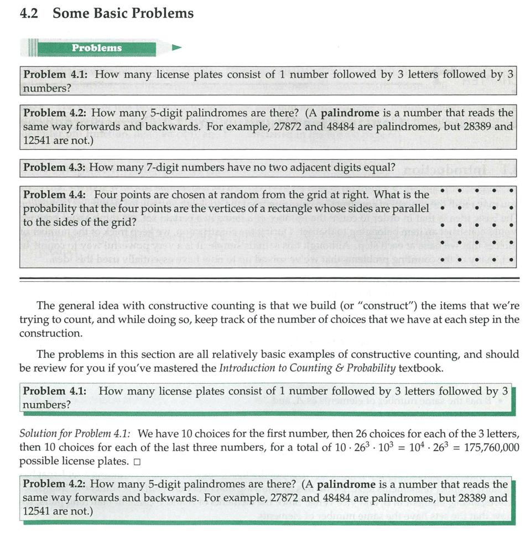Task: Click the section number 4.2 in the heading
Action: pyautogui.click(x=28, y=14)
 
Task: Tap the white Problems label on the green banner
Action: pyautogui.click(x=97, y=48)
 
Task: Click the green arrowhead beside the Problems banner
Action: pyautogui.click(x=176, y=48)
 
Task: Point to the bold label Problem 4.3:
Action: pyautogui.click(x=54, y=166)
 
